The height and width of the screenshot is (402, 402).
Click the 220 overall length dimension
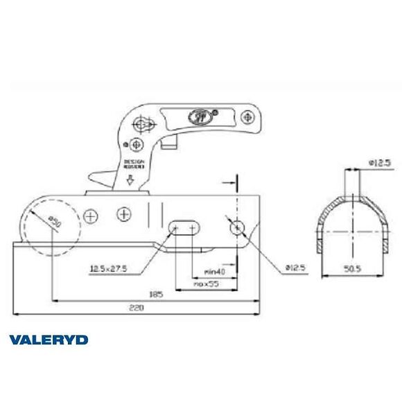pyautogui.click(x=139, y=308)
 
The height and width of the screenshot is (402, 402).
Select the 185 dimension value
pyautogui.click(x=156, y=294)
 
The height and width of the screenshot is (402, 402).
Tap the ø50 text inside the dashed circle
pyautogui.click(x=54, y=222)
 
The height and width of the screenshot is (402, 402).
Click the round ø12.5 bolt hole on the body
pyautogui.click(x=238, y=227)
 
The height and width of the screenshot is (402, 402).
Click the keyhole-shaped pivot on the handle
pyautogui.click(x=144, y=124)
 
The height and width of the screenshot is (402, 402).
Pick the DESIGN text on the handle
pyautogui.click(x=134, y=159)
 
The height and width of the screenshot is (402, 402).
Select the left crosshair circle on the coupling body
pyautogui.click(x=89, y=216)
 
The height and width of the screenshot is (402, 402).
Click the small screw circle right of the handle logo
pyautogui.click(x=215, y=110)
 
